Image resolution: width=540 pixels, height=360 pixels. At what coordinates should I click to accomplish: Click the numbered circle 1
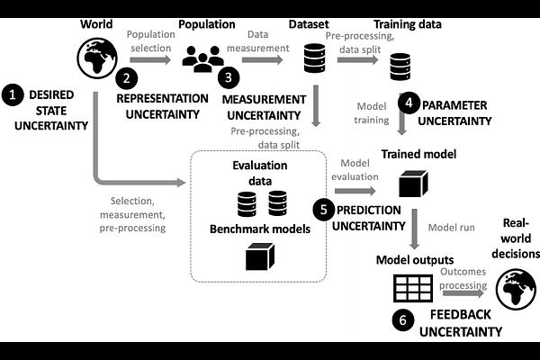[x=13, y=93]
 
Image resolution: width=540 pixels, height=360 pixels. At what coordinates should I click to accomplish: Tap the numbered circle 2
[x=129, y=78]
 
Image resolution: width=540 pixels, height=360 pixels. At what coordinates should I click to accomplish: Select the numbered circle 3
[x=229, y=78]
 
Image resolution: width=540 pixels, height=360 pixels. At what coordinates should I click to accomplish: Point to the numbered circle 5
[x=324, y=208]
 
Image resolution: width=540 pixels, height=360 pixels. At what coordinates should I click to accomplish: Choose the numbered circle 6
[x=403, y=318]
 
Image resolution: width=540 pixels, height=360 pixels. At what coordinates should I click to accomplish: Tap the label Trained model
[x=419, y=154]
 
